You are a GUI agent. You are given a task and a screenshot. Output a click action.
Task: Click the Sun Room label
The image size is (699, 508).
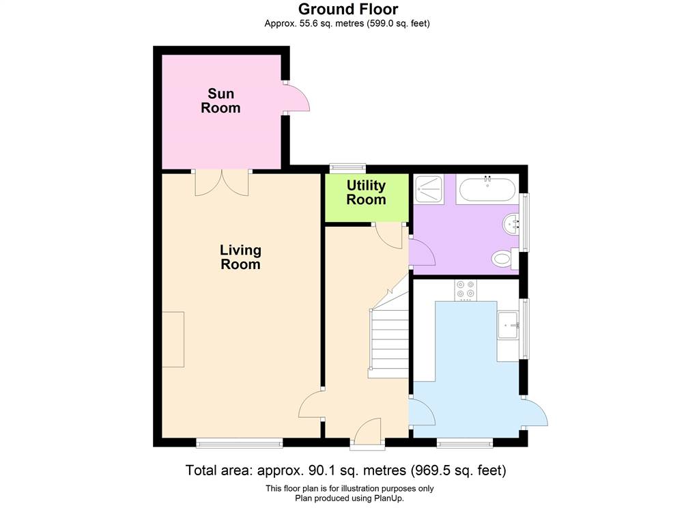[x=220, y=101]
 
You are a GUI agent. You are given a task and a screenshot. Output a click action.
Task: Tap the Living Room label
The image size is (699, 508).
[x=240, y=257]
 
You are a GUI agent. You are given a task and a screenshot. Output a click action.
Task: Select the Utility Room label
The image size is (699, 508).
[x=366, y=193]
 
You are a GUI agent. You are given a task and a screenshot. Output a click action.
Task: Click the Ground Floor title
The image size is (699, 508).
[x=348, y=9]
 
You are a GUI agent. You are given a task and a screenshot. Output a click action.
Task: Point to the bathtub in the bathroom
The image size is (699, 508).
[x=487, y=189]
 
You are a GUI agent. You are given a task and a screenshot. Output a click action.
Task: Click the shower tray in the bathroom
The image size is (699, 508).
[x=429, y=189]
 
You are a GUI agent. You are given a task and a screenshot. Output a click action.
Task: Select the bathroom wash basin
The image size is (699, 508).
[x=511, y=223]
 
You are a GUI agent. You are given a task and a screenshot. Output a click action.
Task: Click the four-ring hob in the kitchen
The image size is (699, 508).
[x=466, y=290]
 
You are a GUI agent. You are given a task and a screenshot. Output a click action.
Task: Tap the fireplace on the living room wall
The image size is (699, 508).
[x=173, y=339]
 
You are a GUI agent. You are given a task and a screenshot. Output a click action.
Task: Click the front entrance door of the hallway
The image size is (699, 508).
[x=367, y=432]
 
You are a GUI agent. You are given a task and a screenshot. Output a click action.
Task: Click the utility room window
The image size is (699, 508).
[x=347, y=168]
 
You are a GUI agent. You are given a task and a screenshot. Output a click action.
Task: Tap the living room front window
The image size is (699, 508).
[x=240, y=442]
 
